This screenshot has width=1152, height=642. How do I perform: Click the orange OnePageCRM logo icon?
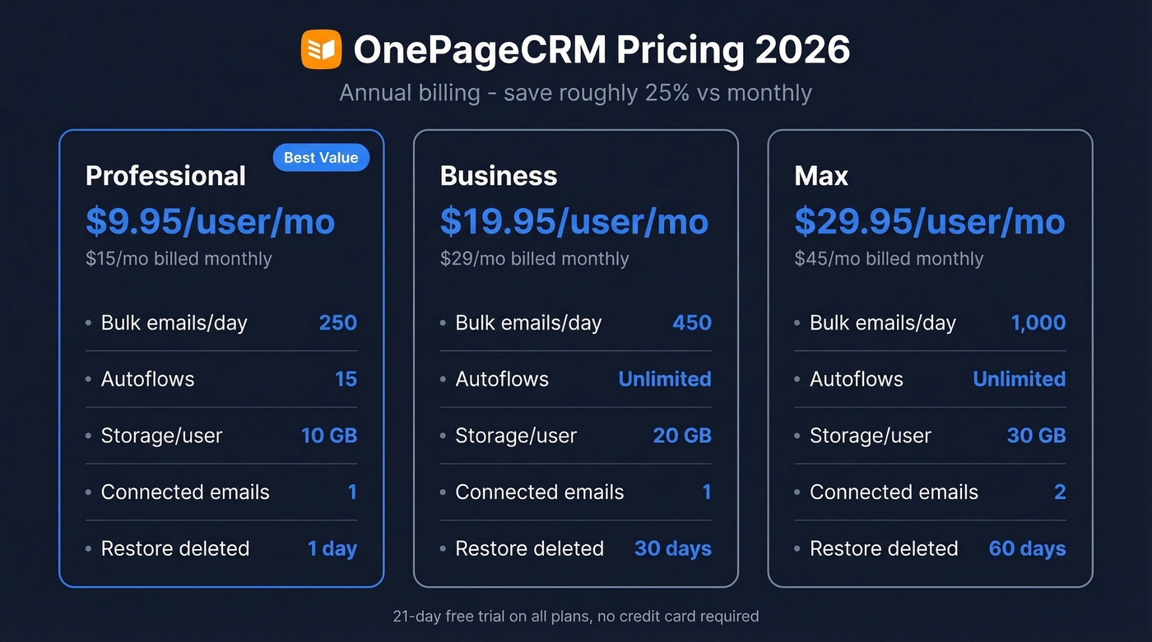[x=321, y=49]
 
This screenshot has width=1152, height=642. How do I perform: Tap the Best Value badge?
[x=321, y=158]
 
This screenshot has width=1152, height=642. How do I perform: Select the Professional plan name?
[x=165, y=176]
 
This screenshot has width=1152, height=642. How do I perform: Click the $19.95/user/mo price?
[x=574, y=222]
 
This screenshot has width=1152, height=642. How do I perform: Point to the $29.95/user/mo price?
[x=929, y=222]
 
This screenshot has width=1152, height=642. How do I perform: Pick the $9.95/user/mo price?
[x=210, y=222]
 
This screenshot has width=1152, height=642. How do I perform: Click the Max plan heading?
[x=821, y=176]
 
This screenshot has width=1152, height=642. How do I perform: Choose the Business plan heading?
[x=499, y=176]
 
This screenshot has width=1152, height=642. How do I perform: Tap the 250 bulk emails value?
[x=337, y=322]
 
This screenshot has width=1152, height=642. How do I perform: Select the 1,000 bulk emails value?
[x=1038, y=322]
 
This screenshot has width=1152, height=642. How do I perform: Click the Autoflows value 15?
[x=346, y=379]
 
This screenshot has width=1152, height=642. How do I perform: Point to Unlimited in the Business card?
[x=665, y=379]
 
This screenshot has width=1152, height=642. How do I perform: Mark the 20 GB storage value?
[x=682, y=436]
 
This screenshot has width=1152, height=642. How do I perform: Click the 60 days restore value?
[x=1027, y=548]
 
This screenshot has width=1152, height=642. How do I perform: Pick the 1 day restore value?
[x=332, y=548]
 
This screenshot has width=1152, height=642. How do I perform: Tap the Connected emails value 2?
[x=1060, y=492]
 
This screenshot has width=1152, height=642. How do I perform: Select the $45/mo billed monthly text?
[x=889, y=259]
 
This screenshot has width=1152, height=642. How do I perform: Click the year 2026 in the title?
[x=802, y=50]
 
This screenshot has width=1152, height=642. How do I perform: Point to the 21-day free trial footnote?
[x=576, y=616]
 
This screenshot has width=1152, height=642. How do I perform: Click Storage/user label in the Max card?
[x=870, y=436]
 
